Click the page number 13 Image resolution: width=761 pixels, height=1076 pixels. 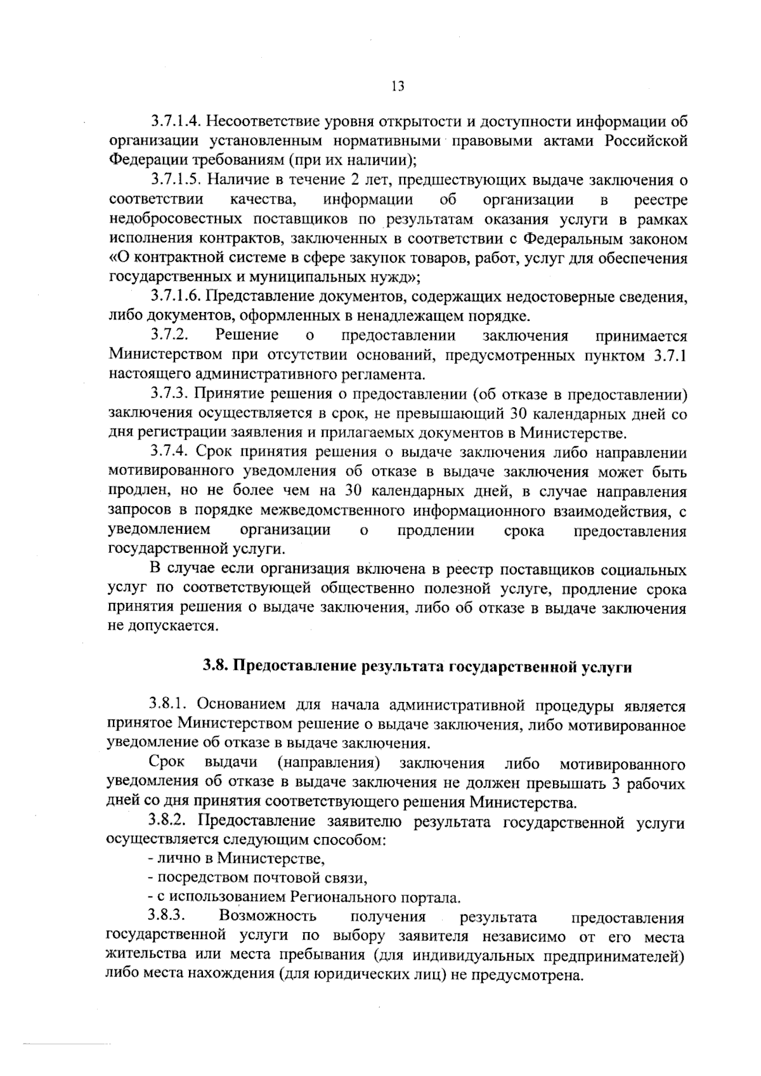398,87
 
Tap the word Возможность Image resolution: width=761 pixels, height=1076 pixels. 267,917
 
